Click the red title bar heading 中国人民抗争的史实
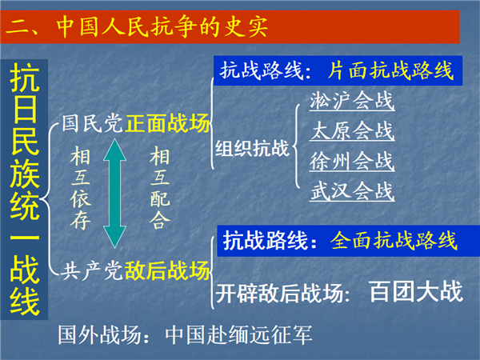click(162, 26)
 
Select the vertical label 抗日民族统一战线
click(25, 189)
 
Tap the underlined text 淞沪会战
click(352, 101)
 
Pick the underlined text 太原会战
click(352, 130)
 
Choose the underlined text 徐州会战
click(352, 161)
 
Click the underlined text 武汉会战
click(352, 191)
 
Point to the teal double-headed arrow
click(114, 193)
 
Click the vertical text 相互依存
click(80, 188)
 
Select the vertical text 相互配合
click(160, 188)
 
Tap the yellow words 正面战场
click(167, 123)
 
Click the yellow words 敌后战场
click(167, 270)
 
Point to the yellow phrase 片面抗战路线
click(390, 70)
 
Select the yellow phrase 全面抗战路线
click(394, 240)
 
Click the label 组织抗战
click(252, 149)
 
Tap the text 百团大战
click(416, 292)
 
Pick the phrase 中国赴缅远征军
click(238, 334)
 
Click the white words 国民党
click(93, 123)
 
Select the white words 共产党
click(93, 270)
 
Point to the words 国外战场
click(100, 334)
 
